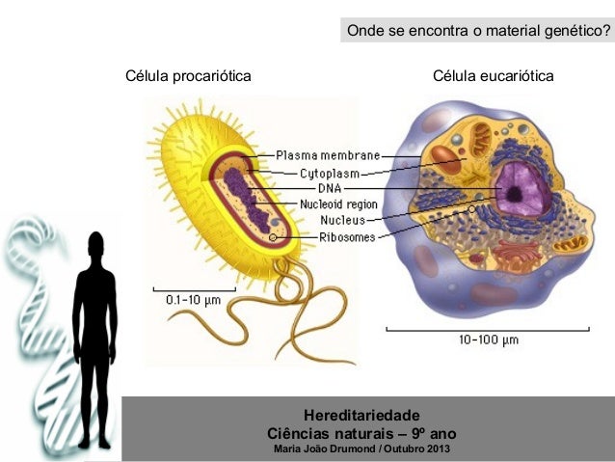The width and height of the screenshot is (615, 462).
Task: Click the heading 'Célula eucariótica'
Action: [x=493, y=76]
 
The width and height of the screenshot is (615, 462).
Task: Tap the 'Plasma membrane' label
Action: [x=328, y=154]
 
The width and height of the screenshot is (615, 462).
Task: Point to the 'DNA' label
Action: [x=316, y=189]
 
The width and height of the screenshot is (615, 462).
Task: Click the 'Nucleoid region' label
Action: [x=337, y=204]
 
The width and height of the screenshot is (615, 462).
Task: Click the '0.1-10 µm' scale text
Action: [x=195, y=300]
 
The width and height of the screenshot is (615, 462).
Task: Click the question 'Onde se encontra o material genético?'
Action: [x=478, y=32]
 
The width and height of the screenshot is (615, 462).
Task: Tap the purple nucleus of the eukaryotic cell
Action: [x=519, y=185]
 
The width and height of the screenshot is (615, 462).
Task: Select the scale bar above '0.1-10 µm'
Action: [x=194, y=288]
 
